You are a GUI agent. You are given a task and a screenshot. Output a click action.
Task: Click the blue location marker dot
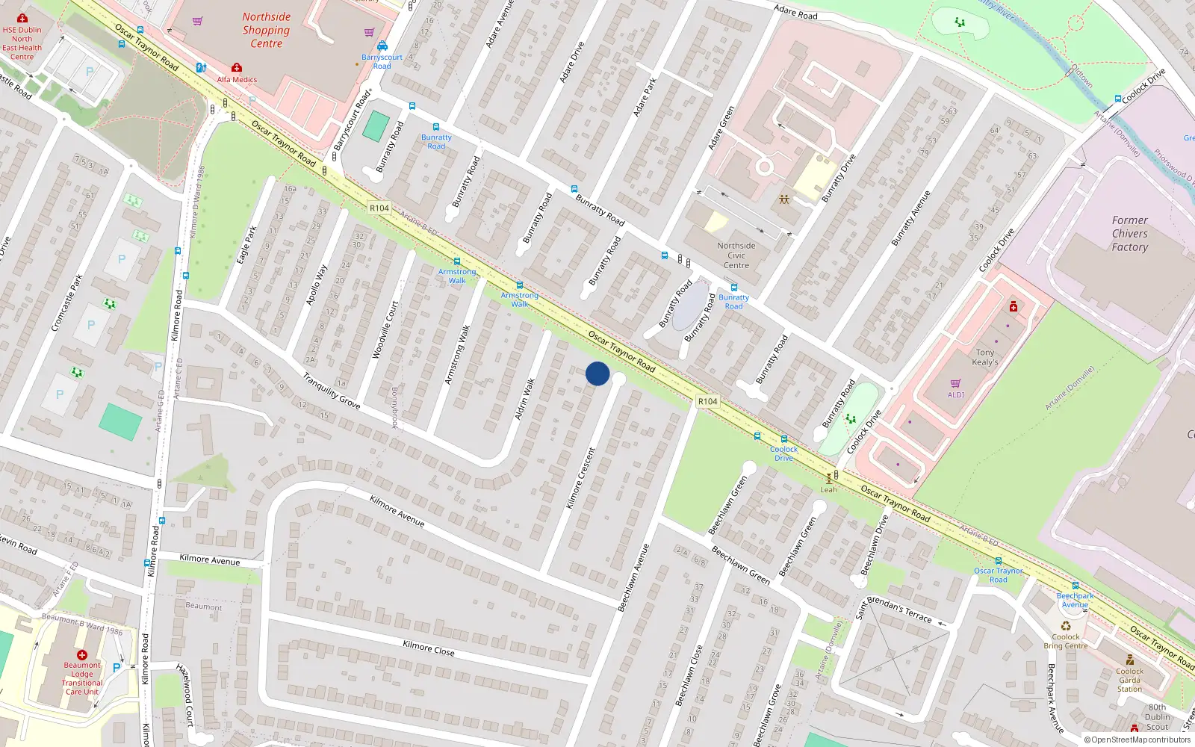[597, 373]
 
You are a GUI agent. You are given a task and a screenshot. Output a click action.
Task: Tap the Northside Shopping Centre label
[267, 30]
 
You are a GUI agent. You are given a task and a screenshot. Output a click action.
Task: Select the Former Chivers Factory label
[1129, 234]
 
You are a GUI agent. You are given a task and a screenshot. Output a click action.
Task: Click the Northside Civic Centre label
[736, 255]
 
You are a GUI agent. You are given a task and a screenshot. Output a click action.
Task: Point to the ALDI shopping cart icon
[956, 384]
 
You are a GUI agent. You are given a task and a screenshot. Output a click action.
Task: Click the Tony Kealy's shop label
[985, 357]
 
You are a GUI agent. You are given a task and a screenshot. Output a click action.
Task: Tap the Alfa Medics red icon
[237, 68]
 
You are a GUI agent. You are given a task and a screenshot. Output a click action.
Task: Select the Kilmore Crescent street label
[581, 478]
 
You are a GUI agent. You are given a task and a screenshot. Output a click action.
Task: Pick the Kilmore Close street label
[428, 648]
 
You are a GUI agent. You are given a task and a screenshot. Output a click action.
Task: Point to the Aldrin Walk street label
[525, 399]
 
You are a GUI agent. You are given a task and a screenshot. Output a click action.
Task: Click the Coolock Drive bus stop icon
[784, 439]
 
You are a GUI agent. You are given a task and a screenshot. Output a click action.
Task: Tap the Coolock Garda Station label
[1129, 680]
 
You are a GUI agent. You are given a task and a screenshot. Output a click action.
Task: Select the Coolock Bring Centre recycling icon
[1066, 626]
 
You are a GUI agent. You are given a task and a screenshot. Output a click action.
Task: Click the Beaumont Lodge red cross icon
[82, 654]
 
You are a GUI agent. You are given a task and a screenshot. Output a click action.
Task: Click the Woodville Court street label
[385, 329]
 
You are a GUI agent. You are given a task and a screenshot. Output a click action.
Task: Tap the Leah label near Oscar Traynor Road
[829, 490]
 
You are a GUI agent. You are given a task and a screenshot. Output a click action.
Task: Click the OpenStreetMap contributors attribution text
[1137, 740]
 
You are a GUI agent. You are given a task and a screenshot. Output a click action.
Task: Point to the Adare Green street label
[721, 128]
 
